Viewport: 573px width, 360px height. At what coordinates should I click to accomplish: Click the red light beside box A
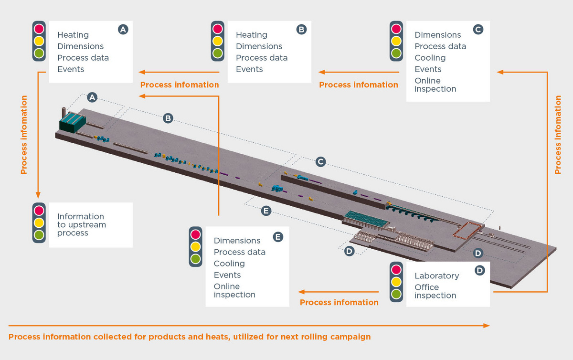(x=39, y=29)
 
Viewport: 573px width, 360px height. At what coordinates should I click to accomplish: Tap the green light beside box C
(x=396, y=53)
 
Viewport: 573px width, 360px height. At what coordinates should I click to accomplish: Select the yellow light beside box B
(x=217, y=41)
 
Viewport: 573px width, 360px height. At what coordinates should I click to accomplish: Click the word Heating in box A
(x=73, y=35)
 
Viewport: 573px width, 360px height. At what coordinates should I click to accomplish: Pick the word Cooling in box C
(x=430, y=58)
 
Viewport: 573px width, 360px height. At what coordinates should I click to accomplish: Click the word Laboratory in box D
(x=437, y=276)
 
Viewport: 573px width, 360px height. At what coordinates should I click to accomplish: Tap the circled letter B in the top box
(x=301, y=30)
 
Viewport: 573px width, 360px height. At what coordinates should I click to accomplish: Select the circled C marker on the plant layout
(x=320, y=162)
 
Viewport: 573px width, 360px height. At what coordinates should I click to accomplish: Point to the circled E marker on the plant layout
(x=266, y=211)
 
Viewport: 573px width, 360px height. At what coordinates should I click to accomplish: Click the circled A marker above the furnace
(x=92, y=97)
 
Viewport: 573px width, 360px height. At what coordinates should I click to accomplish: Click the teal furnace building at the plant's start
(x=73, y=122)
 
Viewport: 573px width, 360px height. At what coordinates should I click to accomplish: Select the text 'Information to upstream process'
(x=81, y=225)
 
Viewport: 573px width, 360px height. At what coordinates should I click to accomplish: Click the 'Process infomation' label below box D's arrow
(x=339, y=302)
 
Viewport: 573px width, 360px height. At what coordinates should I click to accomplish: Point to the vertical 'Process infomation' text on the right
(x=558, y=135)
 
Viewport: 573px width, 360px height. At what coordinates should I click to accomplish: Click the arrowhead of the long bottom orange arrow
(x=487, y=326)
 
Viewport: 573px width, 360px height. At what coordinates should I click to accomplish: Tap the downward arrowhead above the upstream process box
(x=38, y=195)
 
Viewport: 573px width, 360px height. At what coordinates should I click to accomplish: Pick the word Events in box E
(x=227, y=275)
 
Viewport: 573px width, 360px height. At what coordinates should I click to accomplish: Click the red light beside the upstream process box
(x=39, y=211)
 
